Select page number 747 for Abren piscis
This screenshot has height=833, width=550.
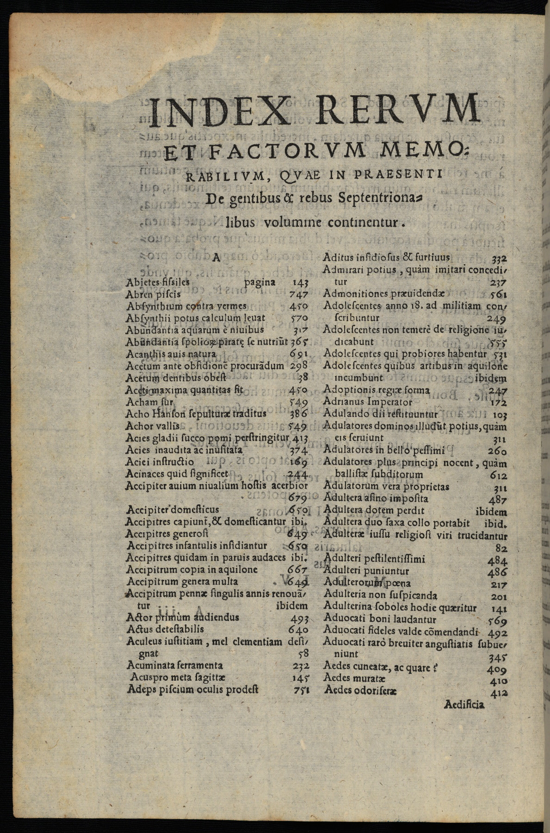click(298, 294)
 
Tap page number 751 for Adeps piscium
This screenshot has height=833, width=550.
click(301, 690)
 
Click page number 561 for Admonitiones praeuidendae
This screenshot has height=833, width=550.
click(499, 294)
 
